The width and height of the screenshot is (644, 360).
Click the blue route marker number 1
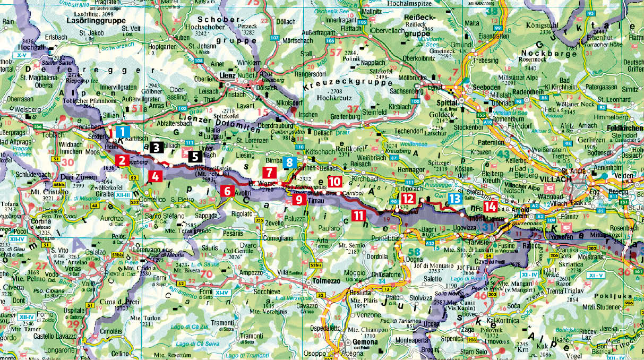pos(122,131)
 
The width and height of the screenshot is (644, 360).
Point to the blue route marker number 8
pos(290,164)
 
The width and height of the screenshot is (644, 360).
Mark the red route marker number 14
pos(491,206)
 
